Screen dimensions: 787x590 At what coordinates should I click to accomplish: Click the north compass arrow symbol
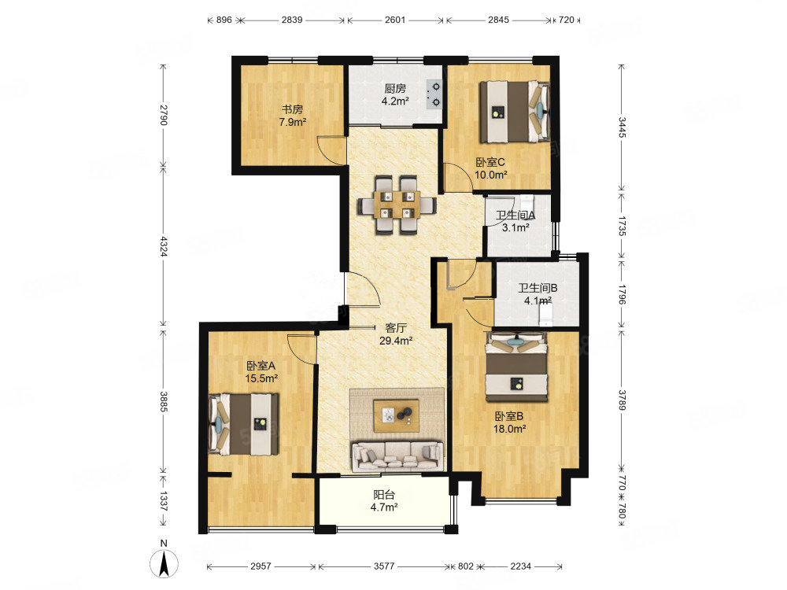click(x=164, y=563)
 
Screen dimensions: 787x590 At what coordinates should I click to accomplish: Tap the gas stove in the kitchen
click(x=434, y=95)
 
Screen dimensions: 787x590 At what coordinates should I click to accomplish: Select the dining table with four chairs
click(x=397, y=205)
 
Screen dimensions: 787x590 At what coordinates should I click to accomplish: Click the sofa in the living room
click(x=397, y=456)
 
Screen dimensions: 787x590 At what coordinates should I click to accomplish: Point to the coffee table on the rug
click(x=397, y=415)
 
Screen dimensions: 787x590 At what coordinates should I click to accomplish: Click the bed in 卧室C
click(x=515, y=112)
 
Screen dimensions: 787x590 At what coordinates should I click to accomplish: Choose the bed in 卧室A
click(x=244, y=424)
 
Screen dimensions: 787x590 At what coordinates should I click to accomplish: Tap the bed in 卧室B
click(x=516, y=367)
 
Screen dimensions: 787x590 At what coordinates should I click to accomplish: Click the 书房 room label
click(x=292, y=109)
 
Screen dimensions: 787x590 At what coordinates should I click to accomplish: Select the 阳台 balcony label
click(x=384, y=495)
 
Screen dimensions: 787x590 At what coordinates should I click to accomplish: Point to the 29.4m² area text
click(x=396, y=341)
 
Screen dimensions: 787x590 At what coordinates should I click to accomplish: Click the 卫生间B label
click(x=538, y=288)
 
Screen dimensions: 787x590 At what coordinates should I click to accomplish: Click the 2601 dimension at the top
click(x=395, y=20)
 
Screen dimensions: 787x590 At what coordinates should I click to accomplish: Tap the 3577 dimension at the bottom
click(x=384, y=566)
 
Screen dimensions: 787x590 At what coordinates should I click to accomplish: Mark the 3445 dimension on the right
click(x=622, y=127)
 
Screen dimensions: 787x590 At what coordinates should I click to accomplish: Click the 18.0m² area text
click(x=509, y=429)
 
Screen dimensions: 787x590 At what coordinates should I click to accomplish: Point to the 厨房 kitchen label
click(x=395, y=89)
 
